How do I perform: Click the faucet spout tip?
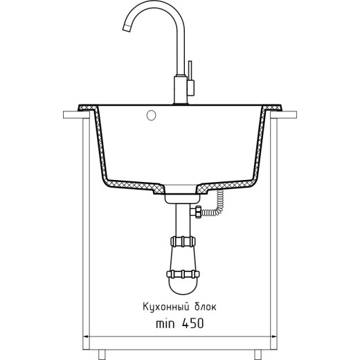(x=126, y=28)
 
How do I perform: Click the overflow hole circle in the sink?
(x=151, y=116)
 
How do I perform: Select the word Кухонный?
(x=164, y=307)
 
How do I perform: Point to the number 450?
(x=193, y=323)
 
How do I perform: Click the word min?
(x=165, y=323)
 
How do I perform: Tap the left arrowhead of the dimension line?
(x=86, y=336)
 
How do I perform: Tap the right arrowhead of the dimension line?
(x=274, y=336)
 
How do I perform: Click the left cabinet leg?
(x=102, y=354)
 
